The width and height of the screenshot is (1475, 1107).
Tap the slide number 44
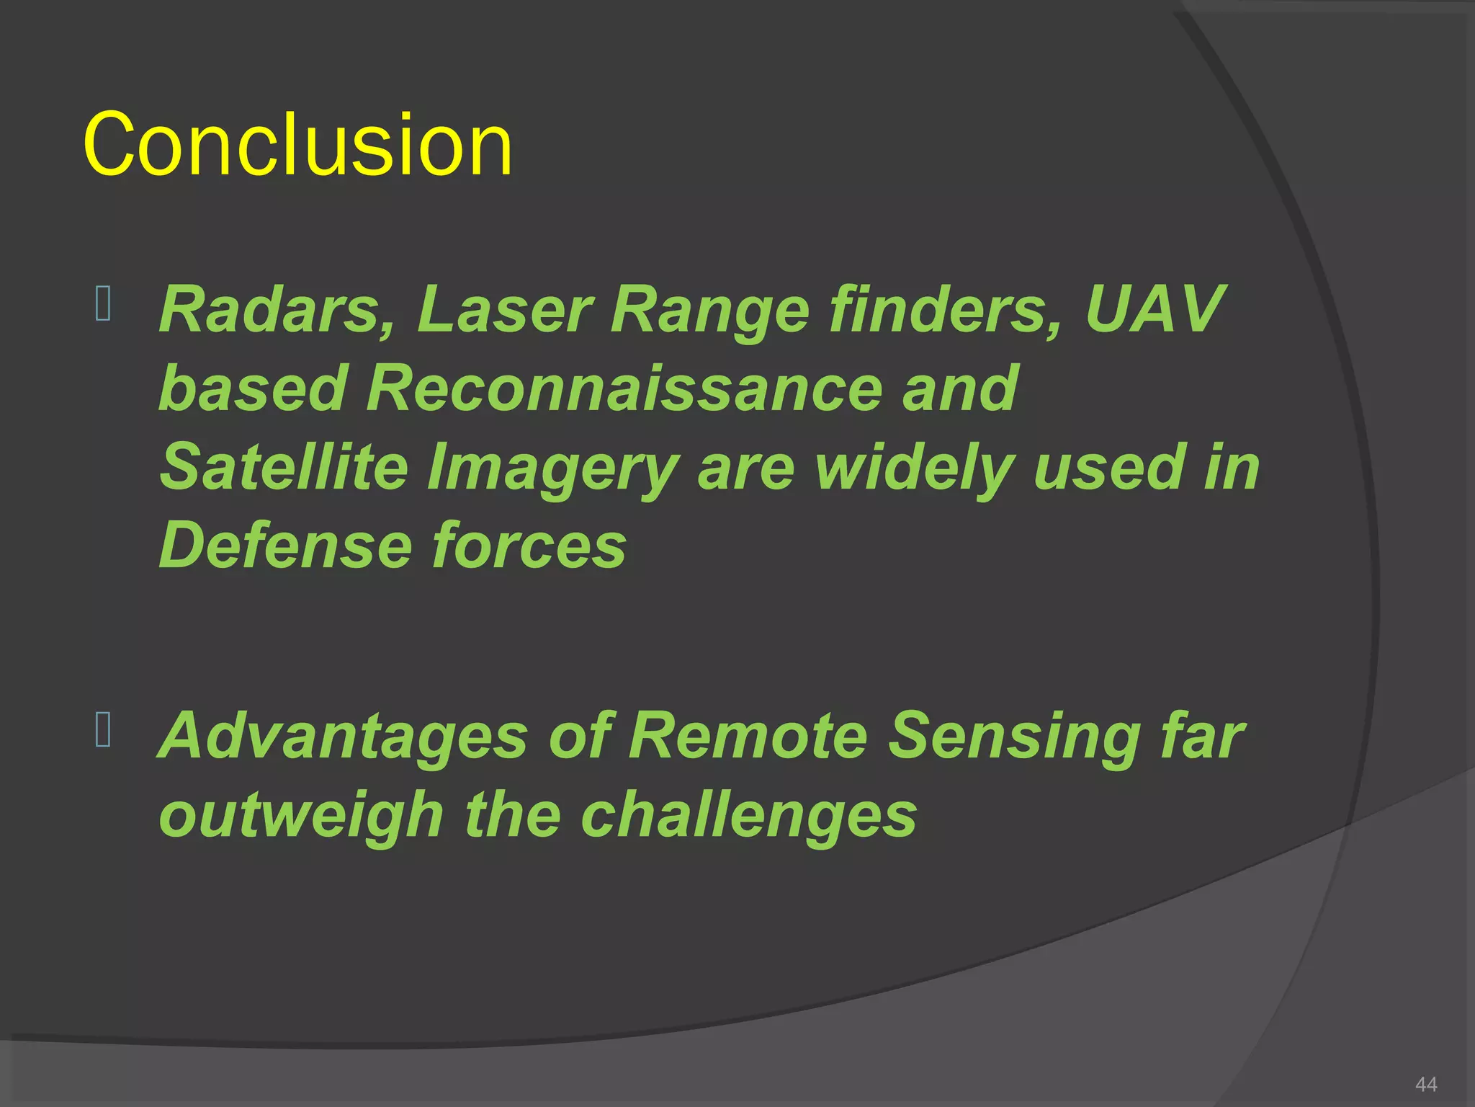(1425, 1084)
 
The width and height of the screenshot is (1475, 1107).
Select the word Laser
(504, 310)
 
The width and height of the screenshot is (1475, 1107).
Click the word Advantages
(343, 737)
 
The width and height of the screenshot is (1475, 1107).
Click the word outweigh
(301, 815)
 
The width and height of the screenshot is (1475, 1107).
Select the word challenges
(748, 815)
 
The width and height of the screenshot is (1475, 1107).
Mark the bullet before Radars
(103, 303)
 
